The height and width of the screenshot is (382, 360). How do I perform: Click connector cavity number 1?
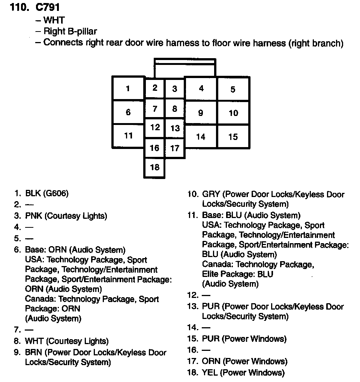[x=128, y=89]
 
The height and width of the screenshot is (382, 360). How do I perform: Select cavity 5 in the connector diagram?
[x=233, y=89]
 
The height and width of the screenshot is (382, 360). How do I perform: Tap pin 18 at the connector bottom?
[x=155, y=167]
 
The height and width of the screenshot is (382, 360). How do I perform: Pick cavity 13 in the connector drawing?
[x=175, y=128]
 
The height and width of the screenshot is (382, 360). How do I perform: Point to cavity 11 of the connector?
[x=129, y=135]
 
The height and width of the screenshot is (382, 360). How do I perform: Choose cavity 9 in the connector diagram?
[x=201, y=113]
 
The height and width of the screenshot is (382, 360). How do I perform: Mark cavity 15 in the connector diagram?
[x=233, y=137]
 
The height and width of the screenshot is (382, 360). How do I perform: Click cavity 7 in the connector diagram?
[x=155, y=109]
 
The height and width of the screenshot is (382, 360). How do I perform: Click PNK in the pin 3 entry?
[x=33, y=216]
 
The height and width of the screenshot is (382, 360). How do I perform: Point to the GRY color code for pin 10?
[x=211, y=194]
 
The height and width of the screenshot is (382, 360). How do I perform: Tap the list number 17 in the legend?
[x=192, y=361]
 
